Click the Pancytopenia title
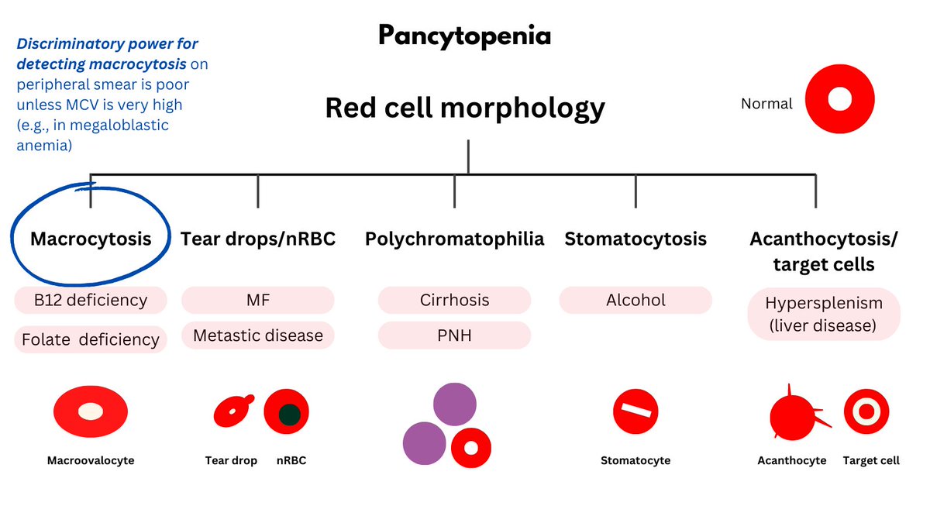(x=464, y=36)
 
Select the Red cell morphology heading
(x=464, y=107)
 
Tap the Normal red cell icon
(x=839, y=100)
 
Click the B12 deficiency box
(x=91, y=300)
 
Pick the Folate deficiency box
(x=91, y=339)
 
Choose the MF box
(x=257, y=300)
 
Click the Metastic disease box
(x=257, y=335)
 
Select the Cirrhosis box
(x=454, y=300)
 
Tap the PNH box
(x=454, y=335)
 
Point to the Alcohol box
(x=635, y=300)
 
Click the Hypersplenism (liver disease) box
(x=823, y=315)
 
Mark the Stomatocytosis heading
(x=635, y=239)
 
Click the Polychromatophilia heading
(x=454, y=239)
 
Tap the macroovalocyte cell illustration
(x=91, y=411)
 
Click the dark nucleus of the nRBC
(x=289, y=415)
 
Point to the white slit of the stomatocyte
(x=635, y=411)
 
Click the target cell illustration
(x=866, y=411)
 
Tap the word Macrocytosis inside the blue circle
(x=91, y=239)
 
